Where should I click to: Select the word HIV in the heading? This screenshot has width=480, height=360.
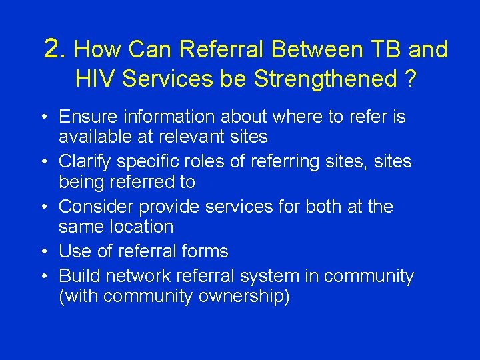pyautogui.click(x=94, y=79)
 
